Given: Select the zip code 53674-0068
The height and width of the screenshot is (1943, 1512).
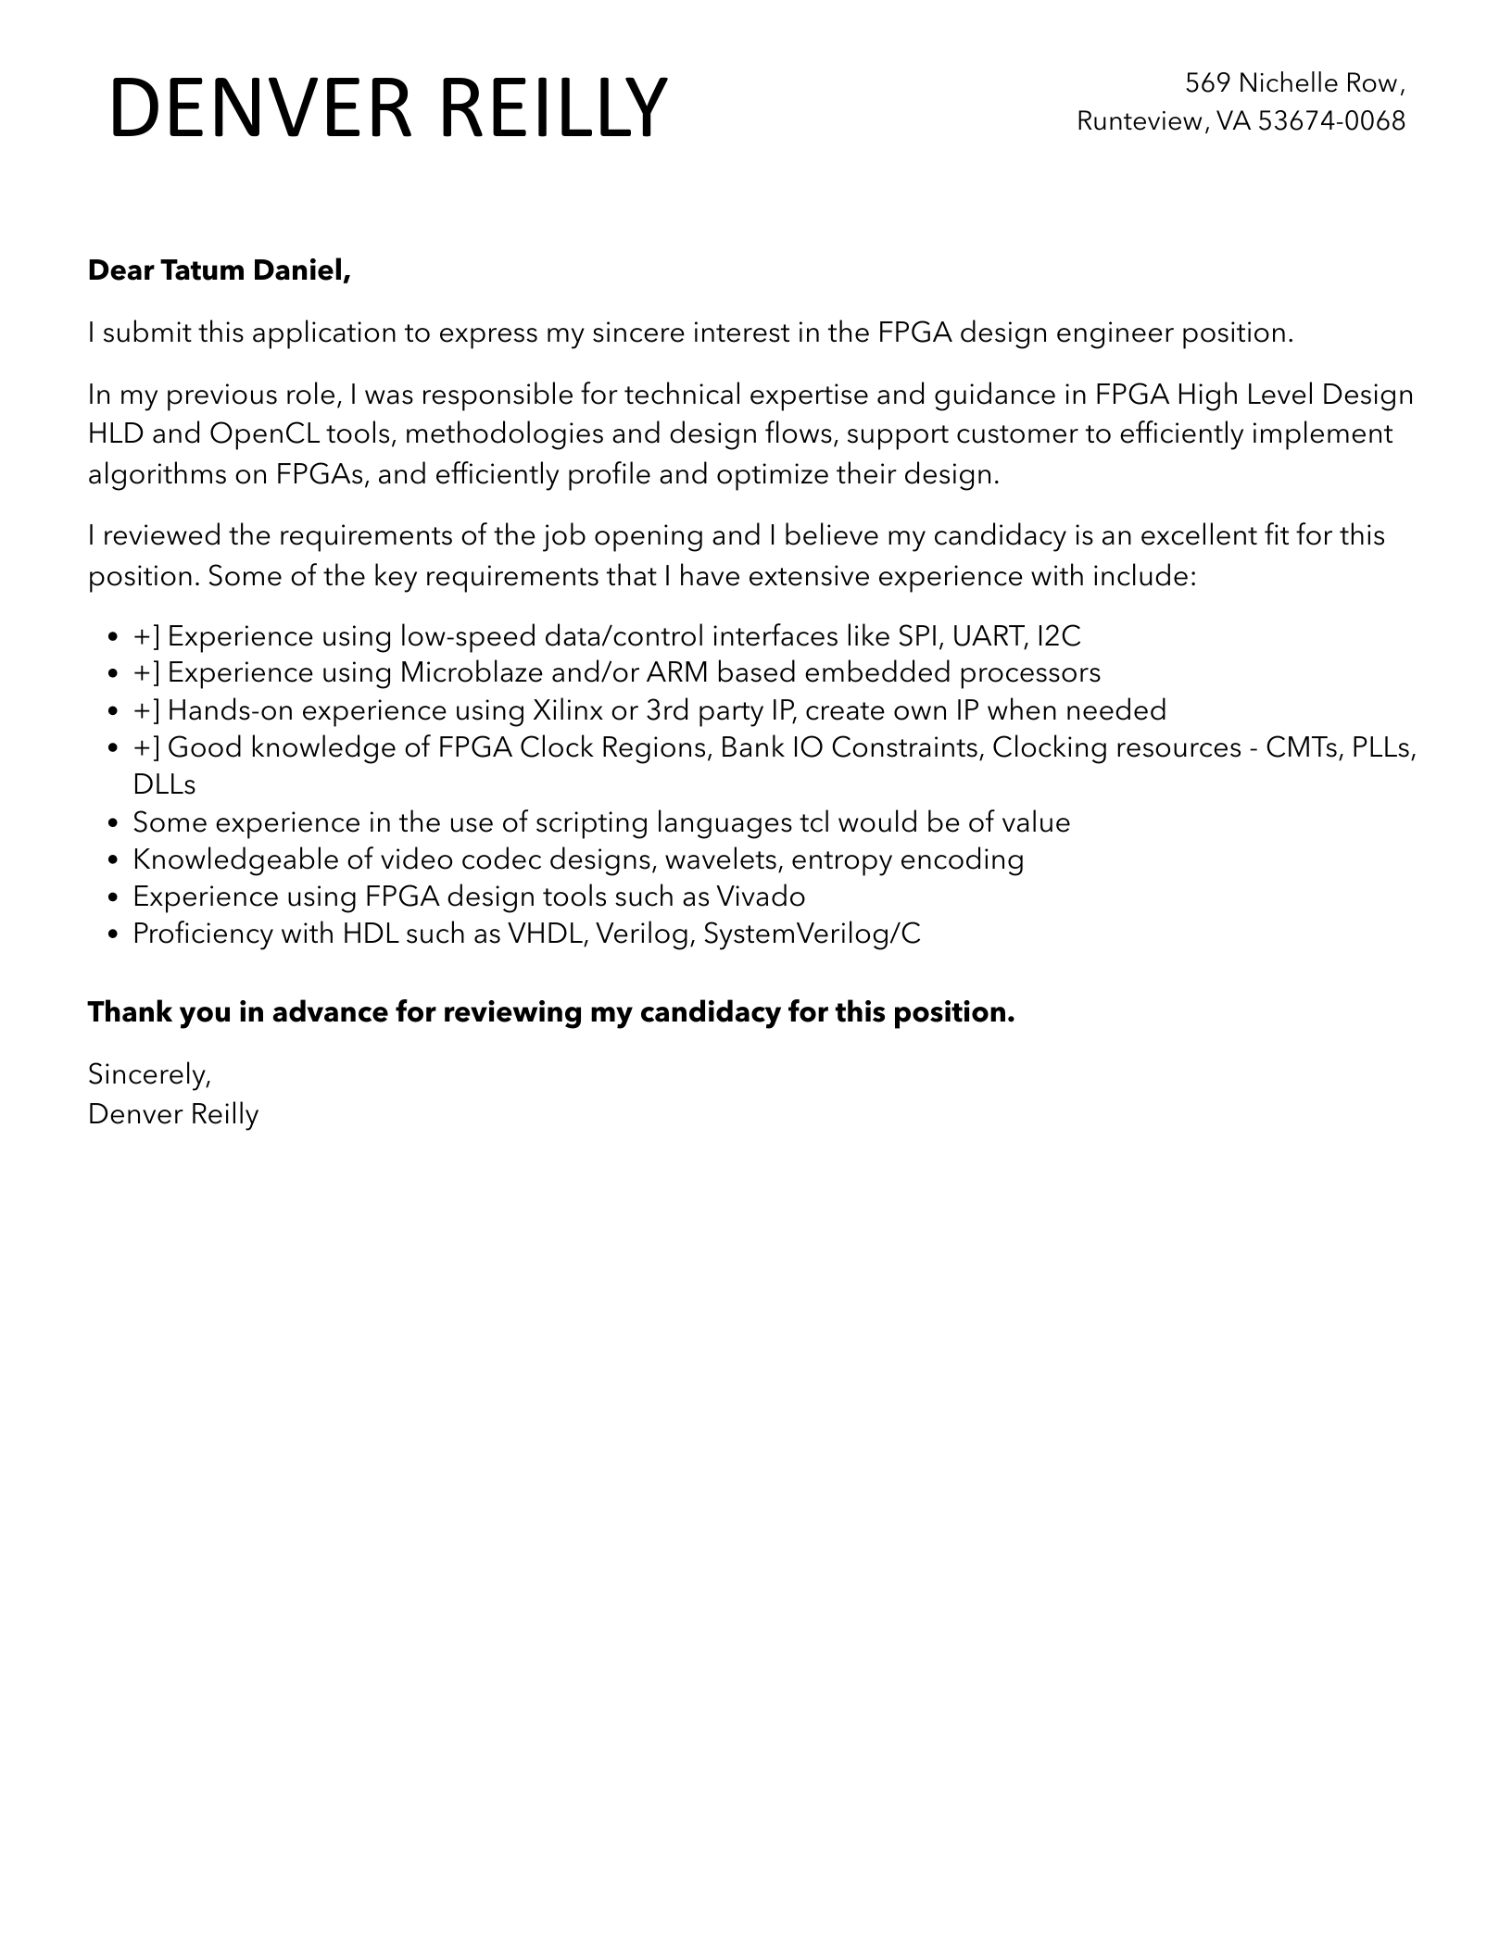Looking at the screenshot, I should pyautogui.click(x=1331, y=120).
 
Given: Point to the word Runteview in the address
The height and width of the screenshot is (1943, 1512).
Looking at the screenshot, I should pyautogui.click(x=1139, y=120).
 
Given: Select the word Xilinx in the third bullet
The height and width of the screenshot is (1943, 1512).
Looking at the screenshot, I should pyautogui.click(x=566, y=710).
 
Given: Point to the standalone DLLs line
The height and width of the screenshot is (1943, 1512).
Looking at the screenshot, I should pyautogui.click(x=164, y=784).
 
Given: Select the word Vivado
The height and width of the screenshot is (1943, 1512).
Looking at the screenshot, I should pyautogui.click(x=760, y=896).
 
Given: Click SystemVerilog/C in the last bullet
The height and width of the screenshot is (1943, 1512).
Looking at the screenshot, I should pyautogui.click(x=812, y=934).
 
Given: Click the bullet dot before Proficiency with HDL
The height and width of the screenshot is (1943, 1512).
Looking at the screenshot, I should pyautogui.click(x=113, y=934).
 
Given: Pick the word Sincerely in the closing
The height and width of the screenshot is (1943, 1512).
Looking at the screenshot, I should pyautogui.click(x=148, y=1074).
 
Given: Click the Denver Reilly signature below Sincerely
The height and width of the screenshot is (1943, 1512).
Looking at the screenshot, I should pyautogui.click(x=173, y=1114).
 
